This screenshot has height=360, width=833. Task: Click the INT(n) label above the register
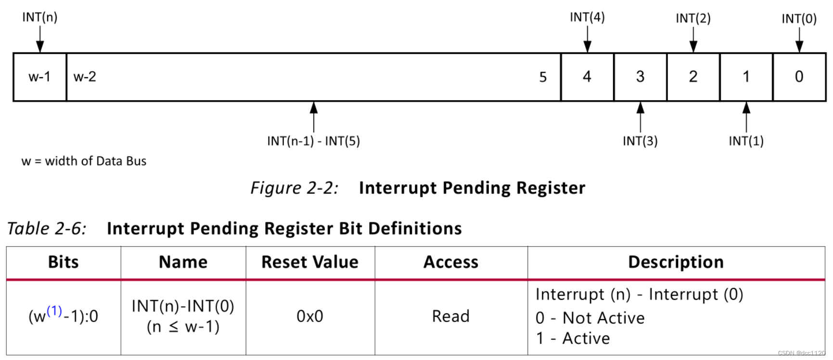(x=40, y=17)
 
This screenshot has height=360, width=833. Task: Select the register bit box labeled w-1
(x=39, y=77)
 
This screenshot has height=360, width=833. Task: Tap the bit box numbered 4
(x=587, y=77)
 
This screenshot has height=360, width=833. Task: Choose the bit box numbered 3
(x=640, y=77)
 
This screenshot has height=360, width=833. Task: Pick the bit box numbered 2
(x=693, y=77)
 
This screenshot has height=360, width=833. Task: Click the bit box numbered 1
(x=746, y=77)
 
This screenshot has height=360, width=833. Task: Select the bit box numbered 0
(x=799, y=77)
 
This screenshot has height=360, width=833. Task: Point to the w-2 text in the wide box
(x=85, y=77)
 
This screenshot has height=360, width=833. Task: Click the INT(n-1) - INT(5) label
(x=313, y=141)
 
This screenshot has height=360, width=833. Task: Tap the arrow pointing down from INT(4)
(x=587, y=39)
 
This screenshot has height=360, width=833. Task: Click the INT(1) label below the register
(x=746, y=141)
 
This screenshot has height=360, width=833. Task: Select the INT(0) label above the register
(x=799, y=19)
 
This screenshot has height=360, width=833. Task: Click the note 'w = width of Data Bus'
(x=84, y=161)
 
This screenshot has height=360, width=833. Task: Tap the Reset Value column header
(x=310, y=262)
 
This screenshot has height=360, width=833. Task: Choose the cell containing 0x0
(x=310, y=317)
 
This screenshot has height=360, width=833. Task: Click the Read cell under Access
(x=450, y=317)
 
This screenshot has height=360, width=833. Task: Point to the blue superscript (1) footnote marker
(x=54, y=311)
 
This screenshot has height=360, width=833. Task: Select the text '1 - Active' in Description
(x=573, y=338)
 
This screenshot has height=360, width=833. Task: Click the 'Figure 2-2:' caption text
(x=295, y=188)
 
